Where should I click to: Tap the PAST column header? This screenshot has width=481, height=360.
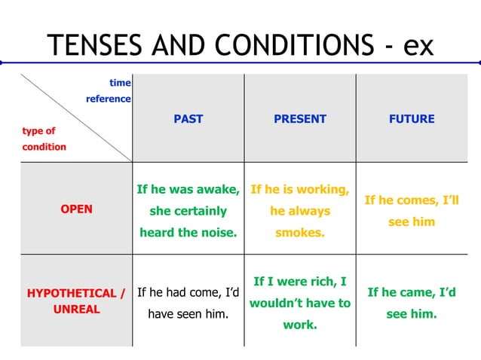[188, 119]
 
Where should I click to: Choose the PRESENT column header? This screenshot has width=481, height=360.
[299, 119]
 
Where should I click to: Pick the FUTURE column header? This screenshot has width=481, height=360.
[412, 119]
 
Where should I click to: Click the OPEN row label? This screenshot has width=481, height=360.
[76, 209]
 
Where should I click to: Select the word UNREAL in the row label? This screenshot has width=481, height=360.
[76, 310]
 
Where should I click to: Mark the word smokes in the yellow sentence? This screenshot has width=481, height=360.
[299, 233]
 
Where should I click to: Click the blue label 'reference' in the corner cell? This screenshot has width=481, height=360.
[109, 99]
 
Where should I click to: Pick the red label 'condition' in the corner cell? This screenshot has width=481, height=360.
[44, 147]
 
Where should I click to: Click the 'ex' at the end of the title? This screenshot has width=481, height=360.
[418, 45]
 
